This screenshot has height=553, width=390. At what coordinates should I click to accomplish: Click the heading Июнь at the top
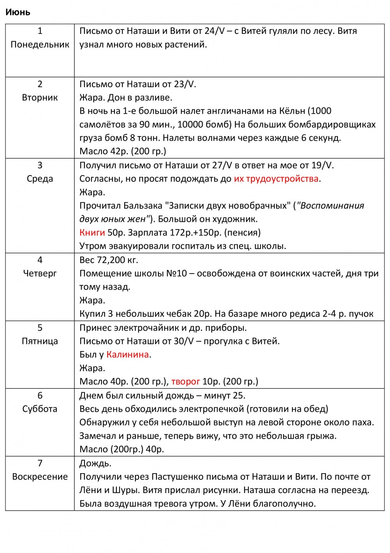18,12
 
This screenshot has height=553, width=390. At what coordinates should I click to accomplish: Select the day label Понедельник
40,44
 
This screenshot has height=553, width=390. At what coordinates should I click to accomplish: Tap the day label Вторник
40,97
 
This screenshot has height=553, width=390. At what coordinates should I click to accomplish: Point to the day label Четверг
40,273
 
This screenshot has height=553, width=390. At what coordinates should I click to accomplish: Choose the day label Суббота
40,409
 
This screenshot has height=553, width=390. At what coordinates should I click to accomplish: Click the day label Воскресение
40,476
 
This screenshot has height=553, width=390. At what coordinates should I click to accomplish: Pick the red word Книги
92,232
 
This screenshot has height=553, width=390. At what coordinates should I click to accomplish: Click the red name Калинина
128,354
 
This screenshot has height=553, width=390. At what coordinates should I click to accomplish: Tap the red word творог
185,381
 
